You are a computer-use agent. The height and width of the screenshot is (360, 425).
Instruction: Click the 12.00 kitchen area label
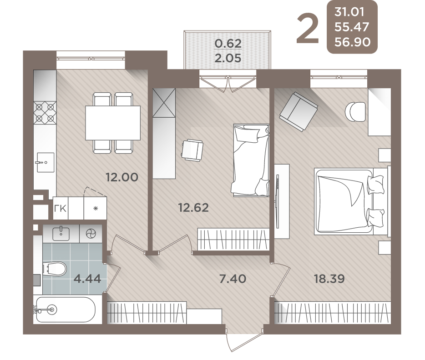coord(122,178)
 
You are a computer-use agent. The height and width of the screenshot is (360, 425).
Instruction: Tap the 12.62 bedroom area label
coord(193,208)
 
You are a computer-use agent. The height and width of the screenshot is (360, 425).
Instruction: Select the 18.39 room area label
coord(329,279)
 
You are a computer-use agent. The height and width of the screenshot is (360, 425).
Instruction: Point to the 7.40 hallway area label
coord(233,279)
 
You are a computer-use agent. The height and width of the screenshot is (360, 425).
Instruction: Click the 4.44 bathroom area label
coord(87,279)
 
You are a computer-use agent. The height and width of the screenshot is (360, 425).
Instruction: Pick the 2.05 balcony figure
coord(228,58)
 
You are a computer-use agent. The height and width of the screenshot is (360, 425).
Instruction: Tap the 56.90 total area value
coord(352,42)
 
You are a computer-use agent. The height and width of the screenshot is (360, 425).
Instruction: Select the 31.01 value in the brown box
coord(349,12)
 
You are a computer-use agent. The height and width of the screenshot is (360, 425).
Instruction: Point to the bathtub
coord(65,310)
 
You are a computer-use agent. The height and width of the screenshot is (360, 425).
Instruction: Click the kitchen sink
coord(45,162)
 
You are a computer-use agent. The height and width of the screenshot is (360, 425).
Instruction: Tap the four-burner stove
coord(45,113)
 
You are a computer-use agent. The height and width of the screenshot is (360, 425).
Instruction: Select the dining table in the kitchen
coord(113,123)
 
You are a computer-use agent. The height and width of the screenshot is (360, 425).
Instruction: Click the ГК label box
coord(61,208)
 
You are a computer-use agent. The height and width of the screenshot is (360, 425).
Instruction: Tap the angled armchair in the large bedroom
coord(299,111)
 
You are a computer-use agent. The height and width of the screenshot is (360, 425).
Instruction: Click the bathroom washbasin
coord(61,234)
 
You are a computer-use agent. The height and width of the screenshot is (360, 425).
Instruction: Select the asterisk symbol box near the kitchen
coord(95,208)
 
